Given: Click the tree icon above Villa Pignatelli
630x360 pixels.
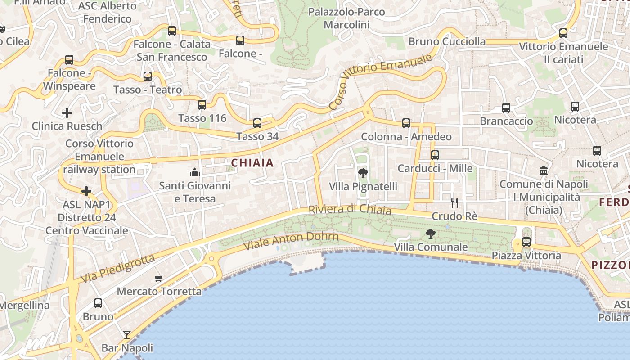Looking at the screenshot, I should click(363, 173).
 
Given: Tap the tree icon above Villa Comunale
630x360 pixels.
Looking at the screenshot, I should click(431, 234).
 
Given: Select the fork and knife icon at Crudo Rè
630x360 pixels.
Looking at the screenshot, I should click(454, 203).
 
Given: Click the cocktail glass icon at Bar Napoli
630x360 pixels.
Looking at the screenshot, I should click(127, 335).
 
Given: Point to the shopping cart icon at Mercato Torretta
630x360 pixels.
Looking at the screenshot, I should click(158, 278).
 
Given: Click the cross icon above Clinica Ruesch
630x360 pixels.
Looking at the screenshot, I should click(67, 112).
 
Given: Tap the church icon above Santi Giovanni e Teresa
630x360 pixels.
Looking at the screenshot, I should click(195, 172).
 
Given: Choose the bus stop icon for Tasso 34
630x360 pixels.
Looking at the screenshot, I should click(257, 123).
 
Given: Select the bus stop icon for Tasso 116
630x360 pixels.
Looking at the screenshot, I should click(202, 105).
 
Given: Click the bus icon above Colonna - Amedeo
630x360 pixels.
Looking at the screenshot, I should click(406, 123).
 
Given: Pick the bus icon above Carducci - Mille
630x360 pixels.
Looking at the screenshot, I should click(435, 155).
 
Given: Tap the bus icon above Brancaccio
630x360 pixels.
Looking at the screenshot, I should click(506, 108).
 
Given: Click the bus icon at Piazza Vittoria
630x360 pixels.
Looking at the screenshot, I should click(526, 242).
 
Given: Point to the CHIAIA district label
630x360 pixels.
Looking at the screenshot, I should click(252, 163).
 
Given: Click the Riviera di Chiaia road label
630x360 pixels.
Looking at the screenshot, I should click(350, 210).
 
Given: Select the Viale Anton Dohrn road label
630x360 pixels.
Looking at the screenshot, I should click(291, 241).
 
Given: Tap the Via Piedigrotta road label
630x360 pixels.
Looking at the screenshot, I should click(118, 269).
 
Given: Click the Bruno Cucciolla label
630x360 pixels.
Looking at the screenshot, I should click(447, 42).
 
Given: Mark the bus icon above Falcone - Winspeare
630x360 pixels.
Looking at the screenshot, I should click(69, 59).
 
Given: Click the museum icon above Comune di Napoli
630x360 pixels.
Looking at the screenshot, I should click(544, 171).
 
